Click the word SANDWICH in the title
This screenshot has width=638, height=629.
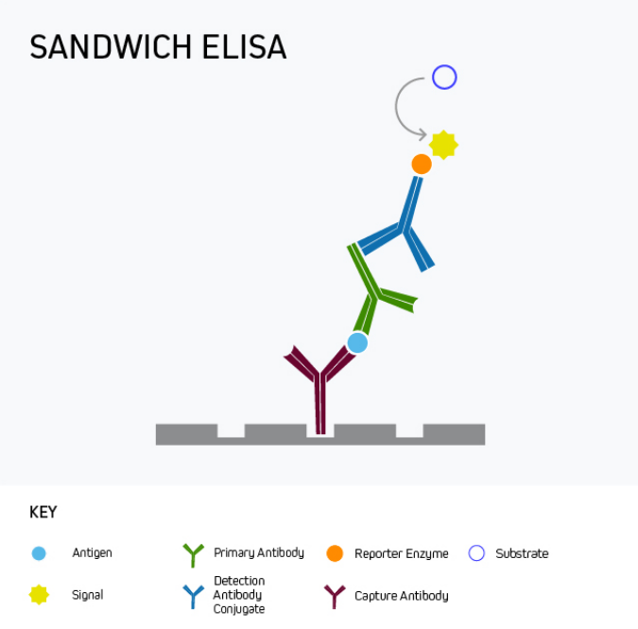(111, 47)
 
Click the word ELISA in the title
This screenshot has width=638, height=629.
(245, 47)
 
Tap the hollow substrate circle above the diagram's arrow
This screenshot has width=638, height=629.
(444, 77)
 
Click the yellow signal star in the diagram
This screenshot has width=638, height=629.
(443, 145)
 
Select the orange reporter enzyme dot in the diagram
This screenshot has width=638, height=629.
(422, 164)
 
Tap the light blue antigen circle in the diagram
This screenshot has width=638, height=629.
(357, 342)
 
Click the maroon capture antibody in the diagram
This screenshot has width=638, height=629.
(320, 389)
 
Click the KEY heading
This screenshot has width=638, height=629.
(43, 512)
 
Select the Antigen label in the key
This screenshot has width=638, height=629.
(92, 553)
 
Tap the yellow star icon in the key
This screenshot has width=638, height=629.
(39, 595)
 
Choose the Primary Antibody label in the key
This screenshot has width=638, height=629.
(259, 553)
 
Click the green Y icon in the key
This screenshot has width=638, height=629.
(193, 555)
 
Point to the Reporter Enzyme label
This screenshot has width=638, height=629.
(401, 553)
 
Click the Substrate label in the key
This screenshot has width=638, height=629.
(522, 553)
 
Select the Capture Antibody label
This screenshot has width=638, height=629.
(401, 596)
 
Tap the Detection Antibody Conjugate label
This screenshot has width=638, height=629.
(239, 595)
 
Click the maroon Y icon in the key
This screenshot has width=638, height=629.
(335, 597)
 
